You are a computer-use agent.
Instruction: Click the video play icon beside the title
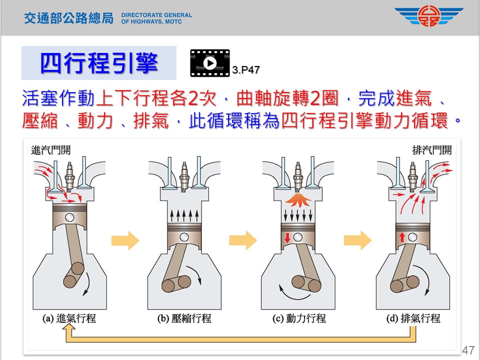[x=210, y=63]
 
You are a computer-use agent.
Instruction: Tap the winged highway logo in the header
[x=428, y=16]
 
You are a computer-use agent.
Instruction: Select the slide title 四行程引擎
[x=99, y=63]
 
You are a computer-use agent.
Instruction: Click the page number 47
[x=468, y=349]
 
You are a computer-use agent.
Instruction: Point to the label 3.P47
[x=246, y=70]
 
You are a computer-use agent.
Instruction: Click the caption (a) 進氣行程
[x=69, y=318]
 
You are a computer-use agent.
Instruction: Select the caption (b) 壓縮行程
[x=184, y=318]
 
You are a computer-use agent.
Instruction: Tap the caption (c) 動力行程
[x=299, y=318]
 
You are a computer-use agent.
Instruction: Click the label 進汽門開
[x=50, y=149]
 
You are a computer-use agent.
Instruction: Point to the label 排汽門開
[x=431, y=149]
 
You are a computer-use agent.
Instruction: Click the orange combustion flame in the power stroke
[x=299, y=200]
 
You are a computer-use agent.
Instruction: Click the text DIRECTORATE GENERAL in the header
[x=156, y=15]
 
